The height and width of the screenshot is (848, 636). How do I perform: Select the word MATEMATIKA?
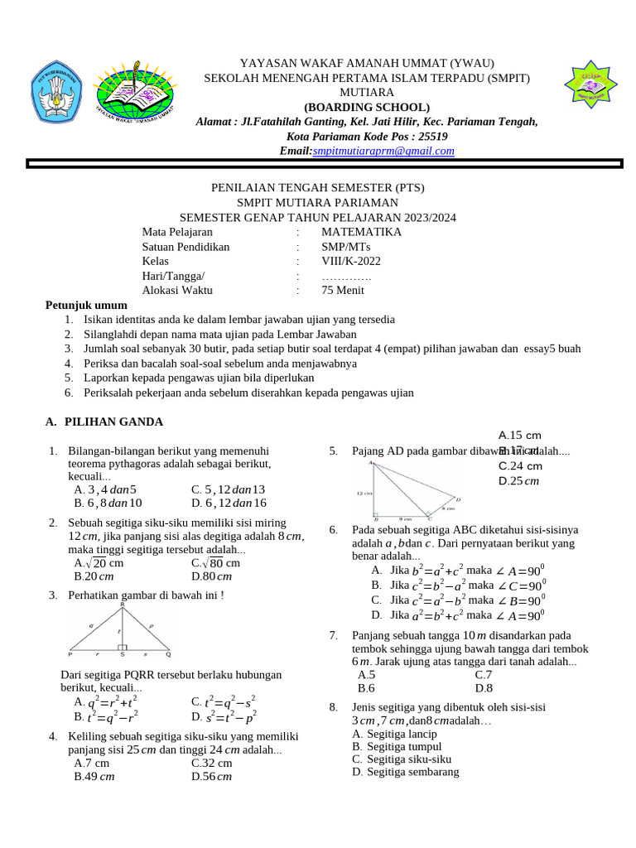click(x=361, y=232)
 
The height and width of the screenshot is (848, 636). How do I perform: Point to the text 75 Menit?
click(x=344, y=290)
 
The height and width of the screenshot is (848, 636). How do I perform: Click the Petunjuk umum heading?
click(x=86, y=305)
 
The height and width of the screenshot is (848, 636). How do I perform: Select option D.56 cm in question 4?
click(x=211, y=776)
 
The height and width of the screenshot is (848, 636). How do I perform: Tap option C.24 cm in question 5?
click(x=520, y=465)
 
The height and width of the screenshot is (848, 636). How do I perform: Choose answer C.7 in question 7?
click(x=484, y=675)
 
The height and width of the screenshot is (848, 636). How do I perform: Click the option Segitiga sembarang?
click(x=405, y=772)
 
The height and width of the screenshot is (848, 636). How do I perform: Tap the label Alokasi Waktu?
click(x=177, y=290)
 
